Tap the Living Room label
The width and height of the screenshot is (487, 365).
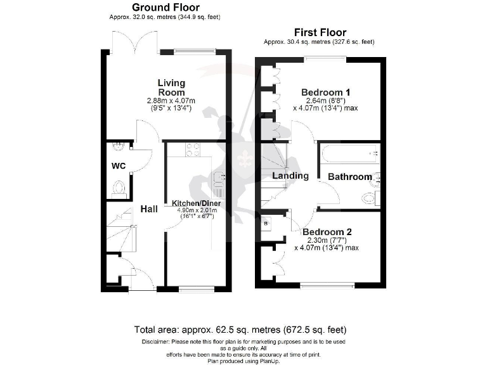[171, 87]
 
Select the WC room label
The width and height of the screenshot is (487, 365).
[119, 165]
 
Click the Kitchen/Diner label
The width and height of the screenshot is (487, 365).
[195, 203]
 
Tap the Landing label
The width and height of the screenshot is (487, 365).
[290, 176]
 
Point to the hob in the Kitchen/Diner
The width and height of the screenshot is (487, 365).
[192, 150]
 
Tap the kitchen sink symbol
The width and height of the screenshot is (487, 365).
[219, 178]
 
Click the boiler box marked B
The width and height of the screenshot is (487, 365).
[265, 224]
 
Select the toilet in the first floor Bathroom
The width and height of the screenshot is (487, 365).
[370, 198]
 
